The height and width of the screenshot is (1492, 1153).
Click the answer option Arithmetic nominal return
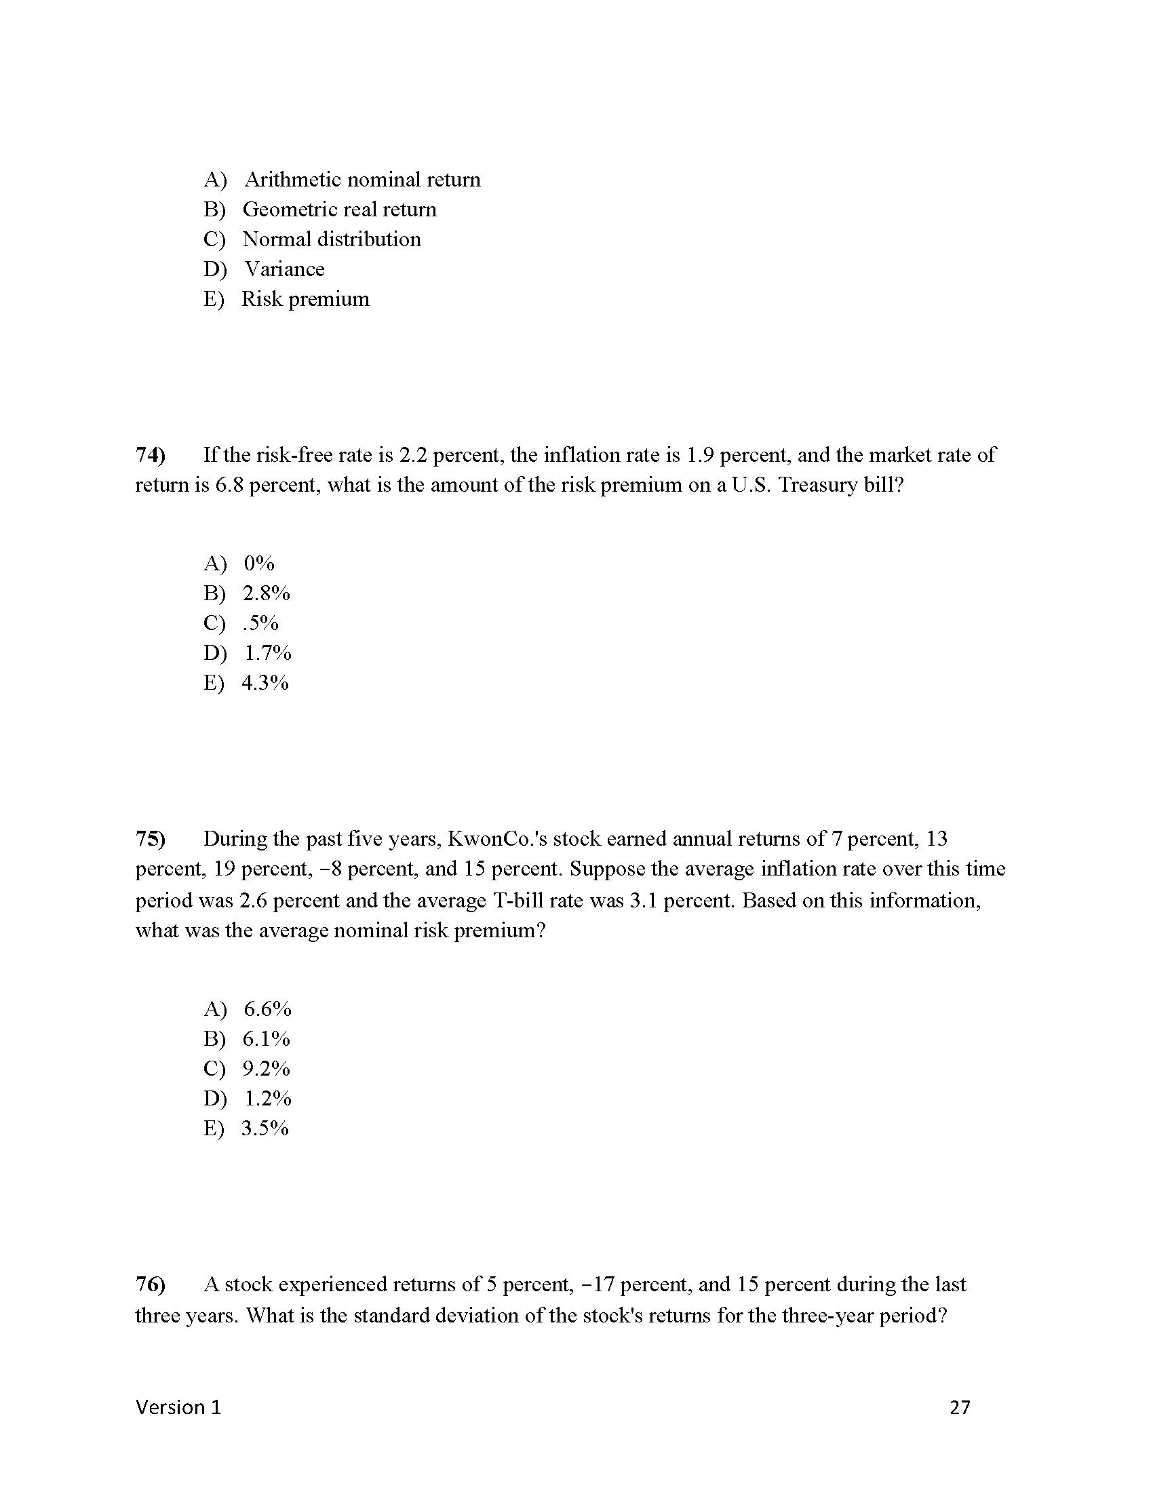(362, 180)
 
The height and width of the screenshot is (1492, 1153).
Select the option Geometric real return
(340, 210)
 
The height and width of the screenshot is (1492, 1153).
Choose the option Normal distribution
(332, 240)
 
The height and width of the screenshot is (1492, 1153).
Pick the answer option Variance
(285, 269)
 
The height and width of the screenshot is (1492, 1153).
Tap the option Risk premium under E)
(305, 299)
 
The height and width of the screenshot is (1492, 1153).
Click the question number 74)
(151, 455)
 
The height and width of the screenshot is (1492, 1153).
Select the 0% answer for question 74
(259, 564)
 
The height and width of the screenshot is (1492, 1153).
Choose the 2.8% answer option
(267, 593)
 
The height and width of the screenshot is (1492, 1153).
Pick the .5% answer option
(260, 623)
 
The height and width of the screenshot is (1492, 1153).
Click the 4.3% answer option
(265, 683)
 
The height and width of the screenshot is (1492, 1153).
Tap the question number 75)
(151, 839)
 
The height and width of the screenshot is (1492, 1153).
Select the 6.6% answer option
(267, 1009)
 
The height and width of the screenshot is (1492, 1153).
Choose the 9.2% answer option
(267, 1068)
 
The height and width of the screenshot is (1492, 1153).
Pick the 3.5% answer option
(265, 1128)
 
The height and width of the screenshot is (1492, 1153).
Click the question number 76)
(151, 1285)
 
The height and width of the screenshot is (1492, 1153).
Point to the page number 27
(960, 1407)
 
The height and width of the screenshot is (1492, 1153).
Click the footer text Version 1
(178, 1407)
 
